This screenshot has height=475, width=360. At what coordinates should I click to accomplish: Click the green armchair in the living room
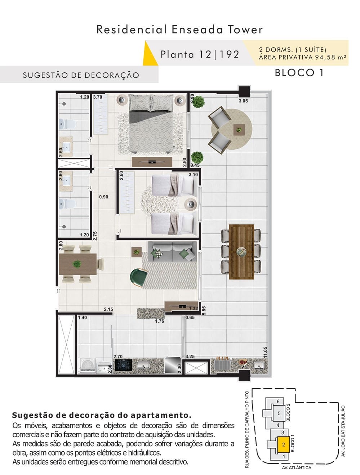coord(139,278)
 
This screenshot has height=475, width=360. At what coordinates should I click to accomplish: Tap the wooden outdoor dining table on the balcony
coord(241,252)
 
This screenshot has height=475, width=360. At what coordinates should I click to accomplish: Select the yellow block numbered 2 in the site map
coord(284,444)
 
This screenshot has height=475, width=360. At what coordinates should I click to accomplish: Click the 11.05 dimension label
coord(265,352)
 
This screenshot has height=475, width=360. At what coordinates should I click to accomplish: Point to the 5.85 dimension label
coord(204,310)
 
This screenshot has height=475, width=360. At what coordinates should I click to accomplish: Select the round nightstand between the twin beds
coord(190,203)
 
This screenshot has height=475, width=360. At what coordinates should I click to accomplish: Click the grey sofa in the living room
coord(172,252)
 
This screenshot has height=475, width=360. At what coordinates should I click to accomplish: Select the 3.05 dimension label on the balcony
coord(243,101)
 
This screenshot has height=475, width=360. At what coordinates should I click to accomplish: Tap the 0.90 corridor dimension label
coord(104,197)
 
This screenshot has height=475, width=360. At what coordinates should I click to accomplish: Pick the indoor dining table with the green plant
coord(78,264)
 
